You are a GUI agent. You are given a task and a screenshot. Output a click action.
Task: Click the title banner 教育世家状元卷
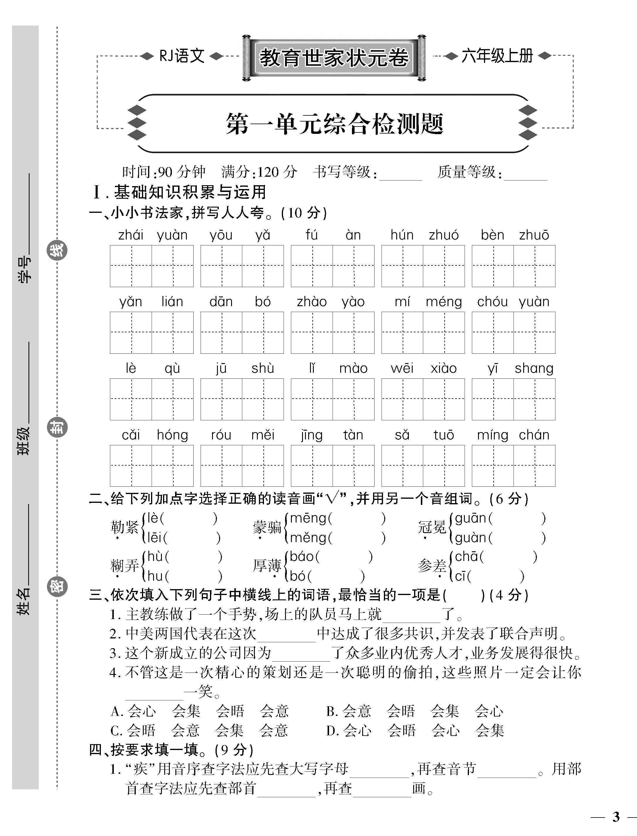334,58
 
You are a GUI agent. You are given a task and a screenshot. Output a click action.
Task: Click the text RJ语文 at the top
182,56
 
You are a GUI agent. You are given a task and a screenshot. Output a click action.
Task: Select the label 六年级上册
497,56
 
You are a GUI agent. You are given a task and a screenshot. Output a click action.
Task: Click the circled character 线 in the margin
57,250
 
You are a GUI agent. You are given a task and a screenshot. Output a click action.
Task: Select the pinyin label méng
444,302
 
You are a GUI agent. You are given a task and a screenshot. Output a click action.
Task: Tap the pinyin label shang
534,368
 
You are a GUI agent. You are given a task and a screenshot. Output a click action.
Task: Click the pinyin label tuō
444,435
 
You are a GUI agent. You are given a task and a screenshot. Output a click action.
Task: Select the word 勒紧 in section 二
124,527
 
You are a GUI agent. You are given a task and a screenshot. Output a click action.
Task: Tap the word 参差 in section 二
432,566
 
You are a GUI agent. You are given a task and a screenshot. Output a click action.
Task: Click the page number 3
616,817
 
